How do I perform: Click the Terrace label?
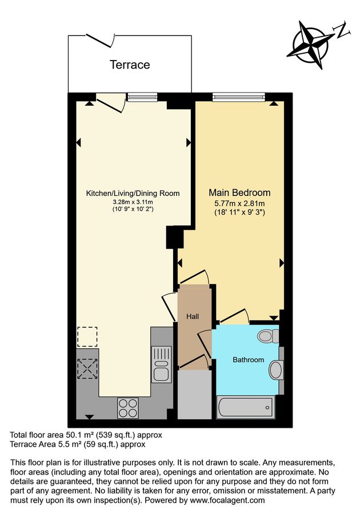130,65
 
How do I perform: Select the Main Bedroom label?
239,192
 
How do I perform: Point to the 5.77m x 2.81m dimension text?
239,203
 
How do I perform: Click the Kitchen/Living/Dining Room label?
133,194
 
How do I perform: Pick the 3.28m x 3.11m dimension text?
133,202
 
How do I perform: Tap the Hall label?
193,316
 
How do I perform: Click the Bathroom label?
248,360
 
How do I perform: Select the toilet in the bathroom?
267,335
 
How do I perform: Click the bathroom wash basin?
275,370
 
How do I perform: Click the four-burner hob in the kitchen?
127,407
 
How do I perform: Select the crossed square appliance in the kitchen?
87,368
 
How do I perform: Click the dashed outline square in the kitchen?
87,336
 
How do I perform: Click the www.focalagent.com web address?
231,500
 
